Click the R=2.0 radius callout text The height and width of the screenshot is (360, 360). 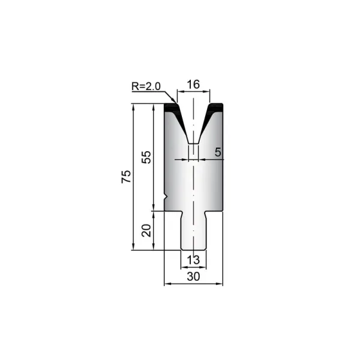tap(146, 86)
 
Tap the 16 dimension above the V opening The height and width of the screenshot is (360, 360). tap(193, 84)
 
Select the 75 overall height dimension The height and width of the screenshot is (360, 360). tap(126, 176)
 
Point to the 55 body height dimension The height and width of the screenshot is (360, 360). tap(146, 157)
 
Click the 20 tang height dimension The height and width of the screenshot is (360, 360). tap(146, 230)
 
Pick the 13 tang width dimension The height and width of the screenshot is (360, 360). tap(193, 260)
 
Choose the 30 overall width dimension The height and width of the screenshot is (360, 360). tap(193, 277)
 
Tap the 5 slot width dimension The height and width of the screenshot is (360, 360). tap(218, 152)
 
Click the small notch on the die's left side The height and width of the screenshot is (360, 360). tap(166, 197)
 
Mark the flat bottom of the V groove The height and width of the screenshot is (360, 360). tap(193, 144)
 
